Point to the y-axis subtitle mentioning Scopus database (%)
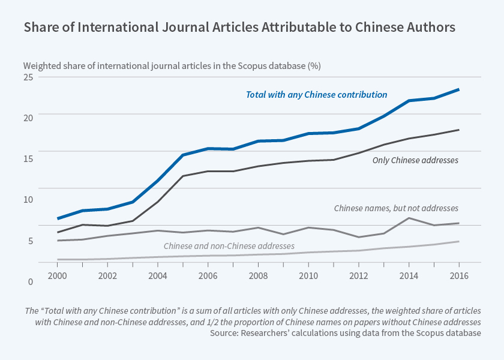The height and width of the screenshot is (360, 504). (172, 65)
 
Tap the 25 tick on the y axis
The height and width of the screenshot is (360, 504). (28, 77)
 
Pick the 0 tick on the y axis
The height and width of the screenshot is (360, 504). (30, 281)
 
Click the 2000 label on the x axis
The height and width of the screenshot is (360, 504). (57, 275)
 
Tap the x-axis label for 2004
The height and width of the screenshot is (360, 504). (158, 275)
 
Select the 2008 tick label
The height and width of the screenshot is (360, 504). (258, 275)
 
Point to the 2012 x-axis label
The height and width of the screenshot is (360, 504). (359, 275)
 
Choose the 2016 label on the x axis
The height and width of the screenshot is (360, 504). (459, 275)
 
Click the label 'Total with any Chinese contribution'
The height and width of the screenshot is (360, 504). (316, 95)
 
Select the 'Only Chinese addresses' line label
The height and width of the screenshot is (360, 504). (415, 160)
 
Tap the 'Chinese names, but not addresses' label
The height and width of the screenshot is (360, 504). (396, 208)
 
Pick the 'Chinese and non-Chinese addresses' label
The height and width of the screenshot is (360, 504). (229, 246)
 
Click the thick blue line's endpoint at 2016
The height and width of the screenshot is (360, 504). (459, 89)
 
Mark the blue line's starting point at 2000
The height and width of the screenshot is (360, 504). (58, 218)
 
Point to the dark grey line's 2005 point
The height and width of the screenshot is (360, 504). (183, 176)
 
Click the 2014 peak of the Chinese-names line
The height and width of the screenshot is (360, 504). (409, 218)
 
